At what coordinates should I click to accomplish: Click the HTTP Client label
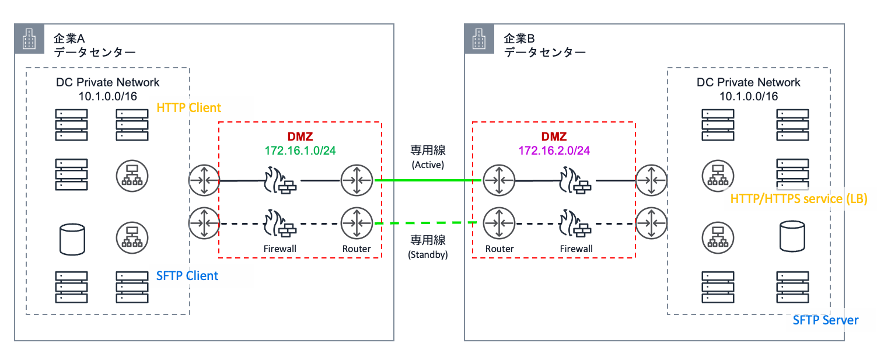point(189,107)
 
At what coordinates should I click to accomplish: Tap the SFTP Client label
point(187,275)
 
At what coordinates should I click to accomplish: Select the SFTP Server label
point(826,320)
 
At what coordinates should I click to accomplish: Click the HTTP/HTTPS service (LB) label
point(799,199)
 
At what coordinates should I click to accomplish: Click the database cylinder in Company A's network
point(72,239)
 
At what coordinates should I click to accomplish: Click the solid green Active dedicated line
point(428,181)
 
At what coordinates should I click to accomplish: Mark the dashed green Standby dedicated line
point(428,223)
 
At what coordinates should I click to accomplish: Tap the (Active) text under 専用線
point(428,165)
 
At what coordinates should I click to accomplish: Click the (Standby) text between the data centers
point(428,254)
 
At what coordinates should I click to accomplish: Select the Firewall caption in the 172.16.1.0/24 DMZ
point(281,249)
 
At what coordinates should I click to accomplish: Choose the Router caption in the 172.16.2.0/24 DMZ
point(499,249)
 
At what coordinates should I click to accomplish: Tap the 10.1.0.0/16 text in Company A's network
point(108,96)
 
